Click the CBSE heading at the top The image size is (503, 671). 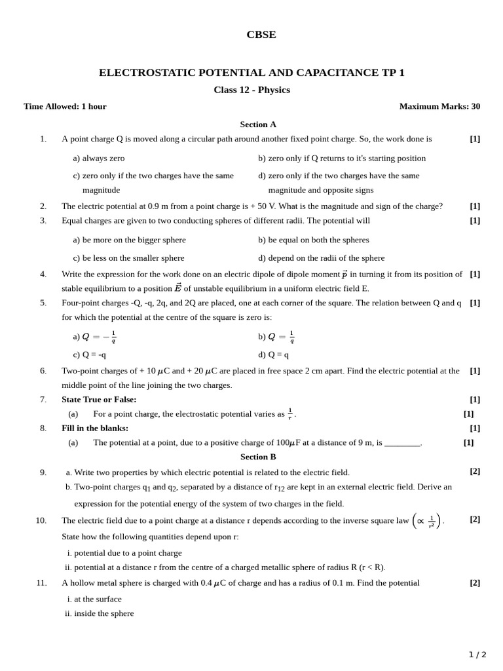coord(261,35)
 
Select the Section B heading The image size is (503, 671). coord(258,457)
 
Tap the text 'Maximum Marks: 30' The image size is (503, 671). coord(439,107)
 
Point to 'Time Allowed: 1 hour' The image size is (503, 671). coord(65,107)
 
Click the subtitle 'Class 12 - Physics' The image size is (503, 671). coord(251,90)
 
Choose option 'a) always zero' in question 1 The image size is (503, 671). coord(98,159)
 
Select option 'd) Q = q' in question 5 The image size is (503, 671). coord(273,355)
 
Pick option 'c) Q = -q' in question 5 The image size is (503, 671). coord(89,355)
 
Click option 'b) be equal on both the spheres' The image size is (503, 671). coord(313,240)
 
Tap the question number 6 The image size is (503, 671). coord(43,371)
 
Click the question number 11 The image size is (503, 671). coord(41,583)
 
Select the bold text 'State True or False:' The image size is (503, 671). coord(99,400)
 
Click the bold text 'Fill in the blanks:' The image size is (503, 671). coord(95,429)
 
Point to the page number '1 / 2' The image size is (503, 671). coord(477,655)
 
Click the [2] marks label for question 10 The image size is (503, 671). coord(475,520)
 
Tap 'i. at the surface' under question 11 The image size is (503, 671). coord(94,600)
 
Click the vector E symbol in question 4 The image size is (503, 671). coord(177,288)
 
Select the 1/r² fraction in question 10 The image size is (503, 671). coord(432,522)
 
